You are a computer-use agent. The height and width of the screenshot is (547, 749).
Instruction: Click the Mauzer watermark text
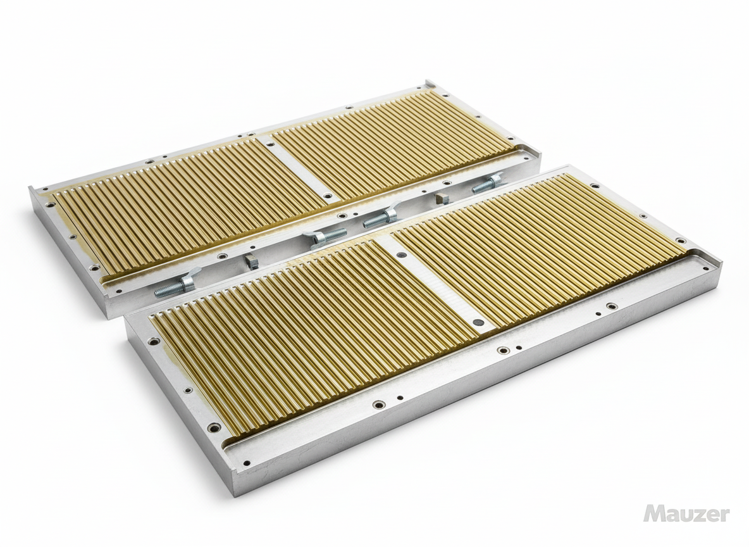coord(686,513)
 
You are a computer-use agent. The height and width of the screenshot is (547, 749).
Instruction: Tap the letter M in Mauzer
coord(654,513)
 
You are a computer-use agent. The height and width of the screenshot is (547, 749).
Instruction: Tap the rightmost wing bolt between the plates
coord(488,184)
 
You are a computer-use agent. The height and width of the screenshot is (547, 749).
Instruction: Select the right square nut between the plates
coord(442,198)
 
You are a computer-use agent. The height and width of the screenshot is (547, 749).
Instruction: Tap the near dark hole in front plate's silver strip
coord(478,322)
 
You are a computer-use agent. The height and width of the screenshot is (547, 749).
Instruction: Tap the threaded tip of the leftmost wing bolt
coord(160,292)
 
